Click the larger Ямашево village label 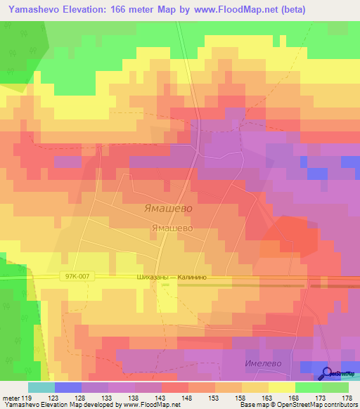(167, 209)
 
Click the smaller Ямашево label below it (172, 228)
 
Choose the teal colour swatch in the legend (41, 387)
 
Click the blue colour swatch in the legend (67, 387)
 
